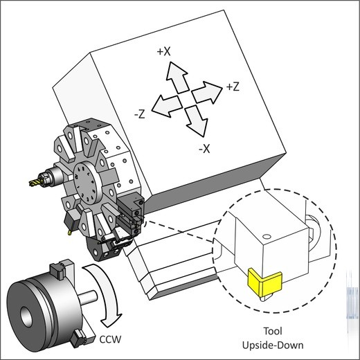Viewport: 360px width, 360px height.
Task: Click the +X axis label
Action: coord(164,51)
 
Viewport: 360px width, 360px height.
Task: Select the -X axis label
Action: coord(204,149)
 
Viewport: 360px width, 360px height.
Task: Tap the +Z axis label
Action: coord(233,87)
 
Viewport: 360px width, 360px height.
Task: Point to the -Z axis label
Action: coord(140,114)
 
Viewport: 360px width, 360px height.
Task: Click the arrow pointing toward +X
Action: coord(177,78)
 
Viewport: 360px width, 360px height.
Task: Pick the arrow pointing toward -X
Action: coord(196,120)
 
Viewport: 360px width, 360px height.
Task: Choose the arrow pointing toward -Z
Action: coord(167,106)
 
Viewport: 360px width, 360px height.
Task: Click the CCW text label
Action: coord(110,339)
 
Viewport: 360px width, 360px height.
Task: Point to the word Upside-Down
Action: coord(273,345)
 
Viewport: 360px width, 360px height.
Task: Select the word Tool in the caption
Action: coord(273,331)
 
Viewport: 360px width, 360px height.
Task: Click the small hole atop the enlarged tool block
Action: coord(267,237)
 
